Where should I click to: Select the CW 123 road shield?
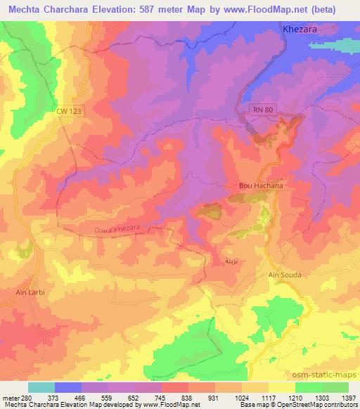(72, 112)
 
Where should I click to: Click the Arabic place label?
(230, 260)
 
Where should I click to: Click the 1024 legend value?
(254, 396)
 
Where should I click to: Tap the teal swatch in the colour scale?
(41, 387)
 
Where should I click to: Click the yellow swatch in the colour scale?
(281, 387)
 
